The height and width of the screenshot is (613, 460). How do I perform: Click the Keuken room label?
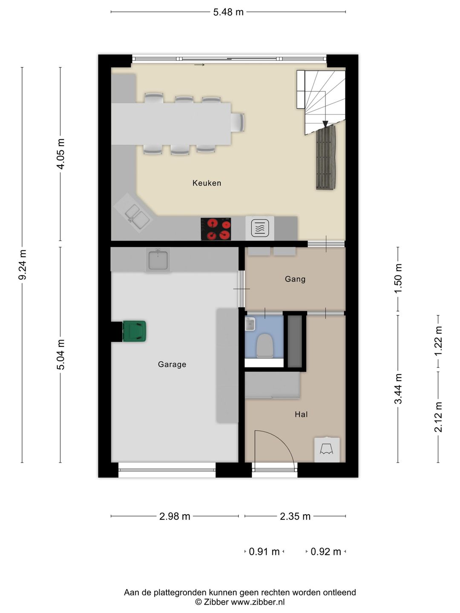coord(207,183)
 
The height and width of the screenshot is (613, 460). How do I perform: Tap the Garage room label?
coord(172,364)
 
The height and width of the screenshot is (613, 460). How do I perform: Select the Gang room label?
coord(295,279)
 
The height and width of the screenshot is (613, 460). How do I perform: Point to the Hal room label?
coord(301,414)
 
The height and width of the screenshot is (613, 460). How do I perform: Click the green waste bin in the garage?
coord(134,331)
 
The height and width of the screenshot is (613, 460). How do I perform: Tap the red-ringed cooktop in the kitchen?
coord(216,229)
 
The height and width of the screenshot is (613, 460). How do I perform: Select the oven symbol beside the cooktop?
coord(260,228)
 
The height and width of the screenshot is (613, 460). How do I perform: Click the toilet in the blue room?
coord(265,346)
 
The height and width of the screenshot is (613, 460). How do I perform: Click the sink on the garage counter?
coord(158,260)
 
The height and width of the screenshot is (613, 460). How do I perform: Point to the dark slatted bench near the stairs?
coord(326,158)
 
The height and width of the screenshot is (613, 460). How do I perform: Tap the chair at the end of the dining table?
coord(238,122)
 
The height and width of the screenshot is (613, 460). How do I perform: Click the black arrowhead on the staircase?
coord(325,124)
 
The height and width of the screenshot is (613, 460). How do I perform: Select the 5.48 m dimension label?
coord(228,12)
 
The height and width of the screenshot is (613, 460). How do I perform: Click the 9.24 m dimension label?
coord(22,264)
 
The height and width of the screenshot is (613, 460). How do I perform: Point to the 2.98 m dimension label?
coord(175,516)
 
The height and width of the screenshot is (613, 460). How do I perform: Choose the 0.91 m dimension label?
coord(264,552)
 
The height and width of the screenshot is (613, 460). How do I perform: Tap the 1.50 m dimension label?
coord(398,278)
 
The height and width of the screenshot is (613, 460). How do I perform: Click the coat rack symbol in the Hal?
coord(327,450)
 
